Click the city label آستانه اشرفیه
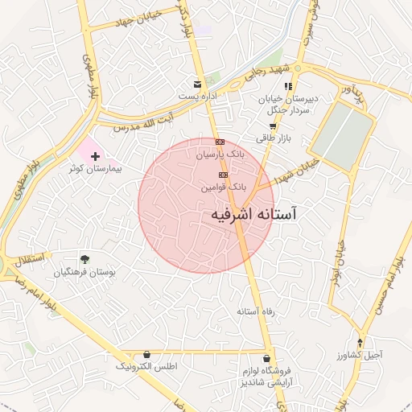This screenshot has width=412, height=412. [253, 214]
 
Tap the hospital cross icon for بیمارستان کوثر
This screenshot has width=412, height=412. [95, 154]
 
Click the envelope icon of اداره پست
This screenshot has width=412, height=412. [197, 84]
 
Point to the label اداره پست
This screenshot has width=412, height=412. [198, 97]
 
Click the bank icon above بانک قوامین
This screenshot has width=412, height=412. [223, 175]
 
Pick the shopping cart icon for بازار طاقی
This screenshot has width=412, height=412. [273, 126]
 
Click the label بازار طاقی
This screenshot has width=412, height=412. [272, 138]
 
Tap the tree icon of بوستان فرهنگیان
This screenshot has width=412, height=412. [84, 259]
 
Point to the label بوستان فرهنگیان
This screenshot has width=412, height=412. [84, 272]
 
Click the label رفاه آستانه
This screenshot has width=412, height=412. [257, 311]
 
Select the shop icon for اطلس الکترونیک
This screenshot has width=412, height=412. [146, 354]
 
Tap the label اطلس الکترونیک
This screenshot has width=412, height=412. [146, 367]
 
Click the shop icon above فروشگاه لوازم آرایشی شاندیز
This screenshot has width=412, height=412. [266, 358]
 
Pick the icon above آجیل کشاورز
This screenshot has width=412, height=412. [361, 341]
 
